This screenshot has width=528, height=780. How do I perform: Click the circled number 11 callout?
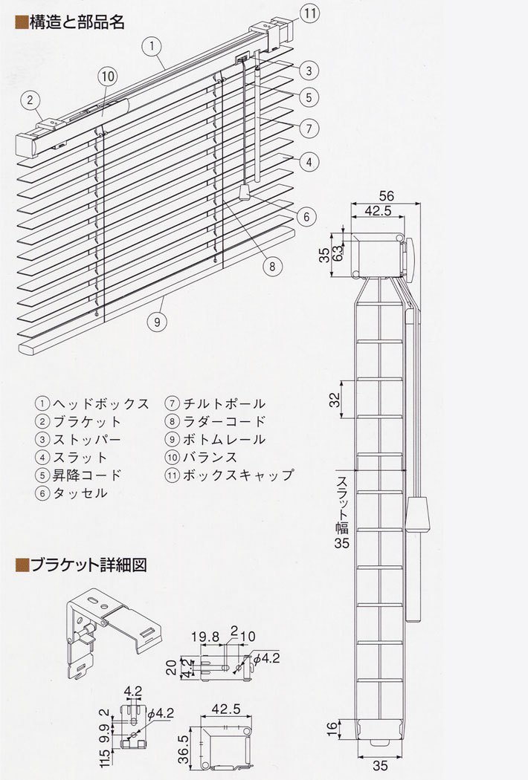click(x=310, y=13)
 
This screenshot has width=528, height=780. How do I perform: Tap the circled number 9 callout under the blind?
click(x=158, y=322)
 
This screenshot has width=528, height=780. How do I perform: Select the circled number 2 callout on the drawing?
click(x=30, y=100)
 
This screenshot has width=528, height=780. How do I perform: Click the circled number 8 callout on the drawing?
click(x=272, y=267)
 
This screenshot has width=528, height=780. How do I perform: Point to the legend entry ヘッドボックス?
click(x=93, y=403)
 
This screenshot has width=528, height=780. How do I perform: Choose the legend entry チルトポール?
click(x=215, y=403)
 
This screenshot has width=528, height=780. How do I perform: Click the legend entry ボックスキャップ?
click(x=229, y=475)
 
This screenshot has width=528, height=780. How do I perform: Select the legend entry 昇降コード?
click(x=79, y=475)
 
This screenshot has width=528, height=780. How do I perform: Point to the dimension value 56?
click(x=386, y=195)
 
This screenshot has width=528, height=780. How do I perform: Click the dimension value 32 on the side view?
click(x=335, y=400)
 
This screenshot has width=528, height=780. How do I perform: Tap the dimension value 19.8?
click(x=205, y=637)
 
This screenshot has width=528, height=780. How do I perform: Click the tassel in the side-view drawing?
click(x=416, y=514)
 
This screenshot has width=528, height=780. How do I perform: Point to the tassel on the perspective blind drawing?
click(x=244, y=192)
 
